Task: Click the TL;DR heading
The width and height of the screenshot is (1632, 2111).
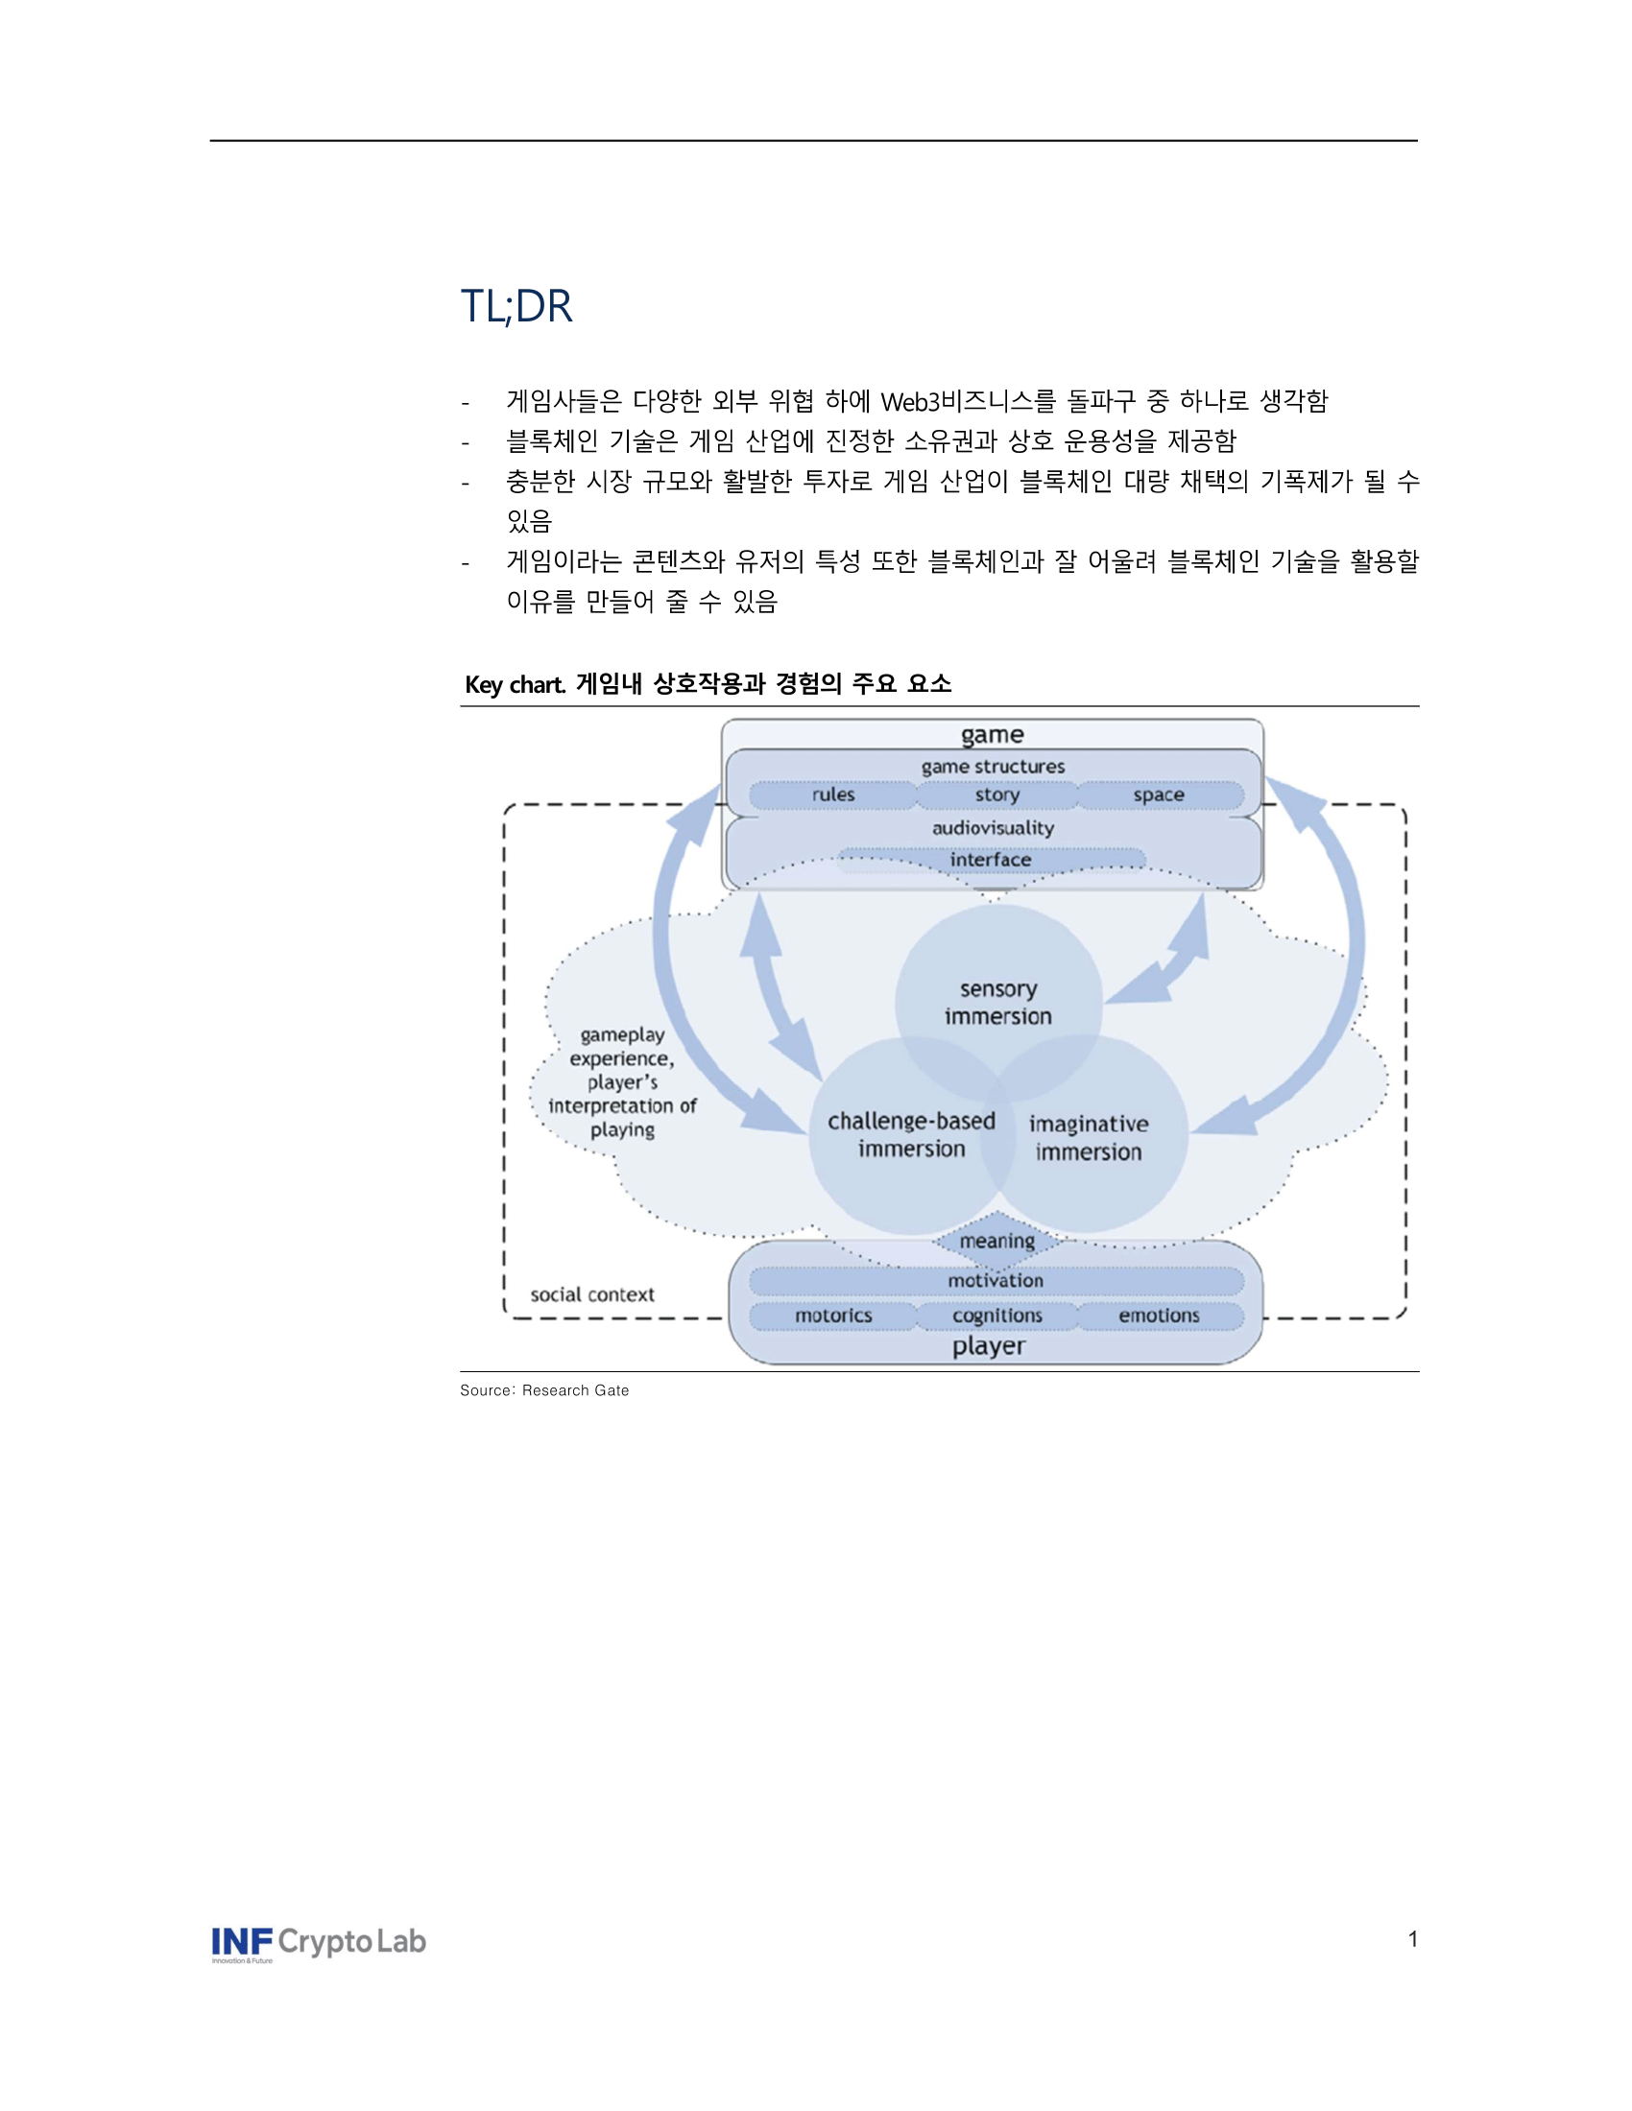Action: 516,306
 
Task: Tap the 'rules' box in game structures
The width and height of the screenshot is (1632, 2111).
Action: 832,795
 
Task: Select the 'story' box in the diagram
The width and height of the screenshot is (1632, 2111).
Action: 996,795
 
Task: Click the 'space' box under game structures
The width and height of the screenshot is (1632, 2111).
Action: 1159,795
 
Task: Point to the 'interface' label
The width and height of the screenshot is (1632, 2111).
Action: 990,860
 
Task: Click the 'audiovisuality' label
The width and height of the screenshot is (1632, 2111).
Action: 993,827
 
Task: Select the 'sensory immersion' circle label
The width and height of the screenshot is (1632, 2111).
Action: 997,1003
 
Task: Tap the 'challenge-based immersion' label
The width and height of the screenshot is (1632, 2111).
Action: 911,1135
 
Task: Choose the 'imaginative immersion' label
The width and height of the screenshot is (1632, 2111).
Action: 1089,1138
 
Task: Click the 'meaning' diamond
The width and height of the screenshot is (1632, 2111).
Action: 996,1240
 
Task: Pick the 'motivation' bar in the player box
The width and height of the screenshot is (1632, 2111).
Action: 996,1281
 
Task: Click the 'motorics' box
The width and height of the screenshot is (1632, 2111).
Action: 833,1316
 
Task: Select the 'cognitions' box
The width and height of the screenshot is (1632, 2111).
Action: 996,1316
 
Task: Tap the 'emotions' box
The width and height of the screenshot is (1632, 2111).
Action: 1159,1316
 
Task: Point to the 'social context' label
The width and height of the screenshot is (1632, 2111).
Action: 591,1294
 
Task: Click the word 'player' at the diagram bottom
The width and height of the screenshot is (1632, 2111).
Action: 988,1345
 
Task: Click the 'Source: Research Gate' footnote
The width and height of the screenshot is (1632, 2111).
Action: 544,1390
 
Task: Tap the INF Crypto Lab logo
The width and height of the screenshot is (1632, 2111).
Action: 318,1943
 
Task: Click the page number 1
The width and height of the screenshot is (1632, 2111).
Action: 1412,1939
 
